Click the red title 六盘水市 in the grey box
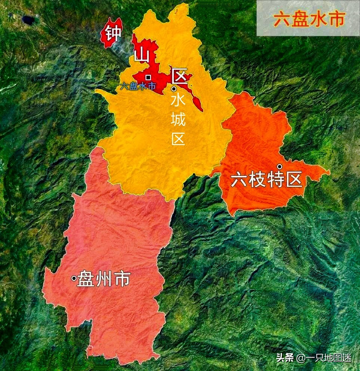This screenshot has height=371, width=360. pyautogui.click(x=308, y=19)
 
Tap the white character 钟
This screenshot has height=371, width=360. pyautogui.click(x=113, y=33)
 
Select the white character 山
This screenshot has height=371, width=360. pyautogui.click(x=142, y=56)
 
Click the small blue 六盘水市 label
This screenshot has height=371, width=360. pyautogui.click(x=138, y=86)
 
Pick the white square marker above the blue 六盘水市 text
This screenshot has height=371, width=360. pyautogui.click(x=148, y=77)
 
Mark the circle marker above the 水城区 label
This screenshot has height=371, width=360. pyautogui.click(x=174, y=89)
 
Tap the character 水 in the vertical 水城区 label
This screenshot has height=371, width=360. pyautogui.click(x=178, y=101)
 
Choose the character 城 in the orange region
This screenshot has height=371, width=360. pyautogui.click(x=178, y=120)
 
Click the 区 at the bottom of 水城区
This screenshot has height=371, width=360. pyautogui.click(x=178, y=139)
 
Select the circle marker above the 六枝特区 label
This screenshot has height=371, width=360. pyautogui.click(x=279, y=166)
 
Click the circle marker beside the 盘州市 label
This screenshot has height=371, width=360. pyautogui.click(x=74, y=278)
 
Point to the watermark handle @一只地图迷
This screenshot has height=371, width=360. pyautogui.click(x=324, y=358)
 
